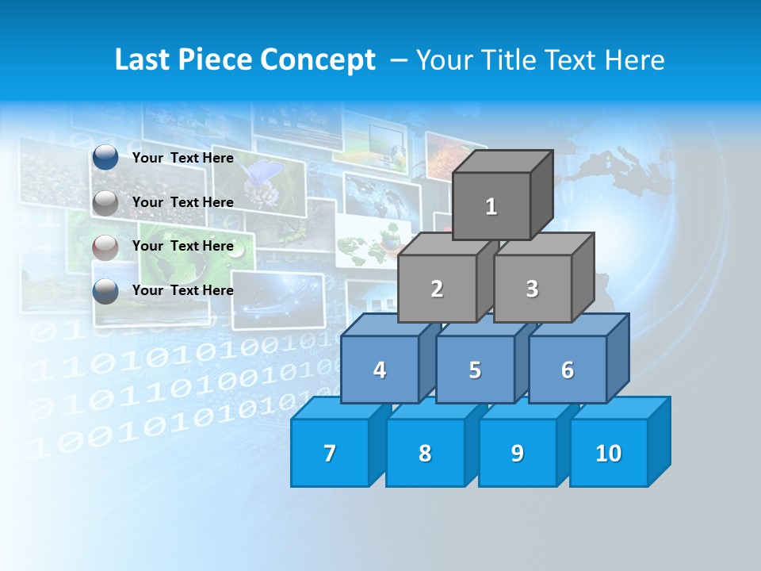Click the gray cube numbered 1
491,206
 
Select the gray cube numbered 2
437,289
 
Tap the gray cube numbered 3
532,289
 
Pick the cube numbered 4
380,370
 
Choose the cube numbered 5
475,370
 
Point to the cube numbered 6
568,370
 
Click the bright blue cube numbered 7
330,453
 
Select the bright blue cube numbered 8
425,453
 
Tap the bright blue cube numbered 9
518,453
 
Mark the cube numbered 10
609,453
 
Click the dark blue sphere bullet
105,158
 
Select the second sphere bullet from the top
105,203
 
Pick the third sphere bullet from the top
105,247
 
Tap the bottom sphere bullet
105,291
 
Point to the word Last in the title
143,60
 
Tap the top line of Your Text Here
183,158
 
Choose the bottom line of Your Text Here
183,290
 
